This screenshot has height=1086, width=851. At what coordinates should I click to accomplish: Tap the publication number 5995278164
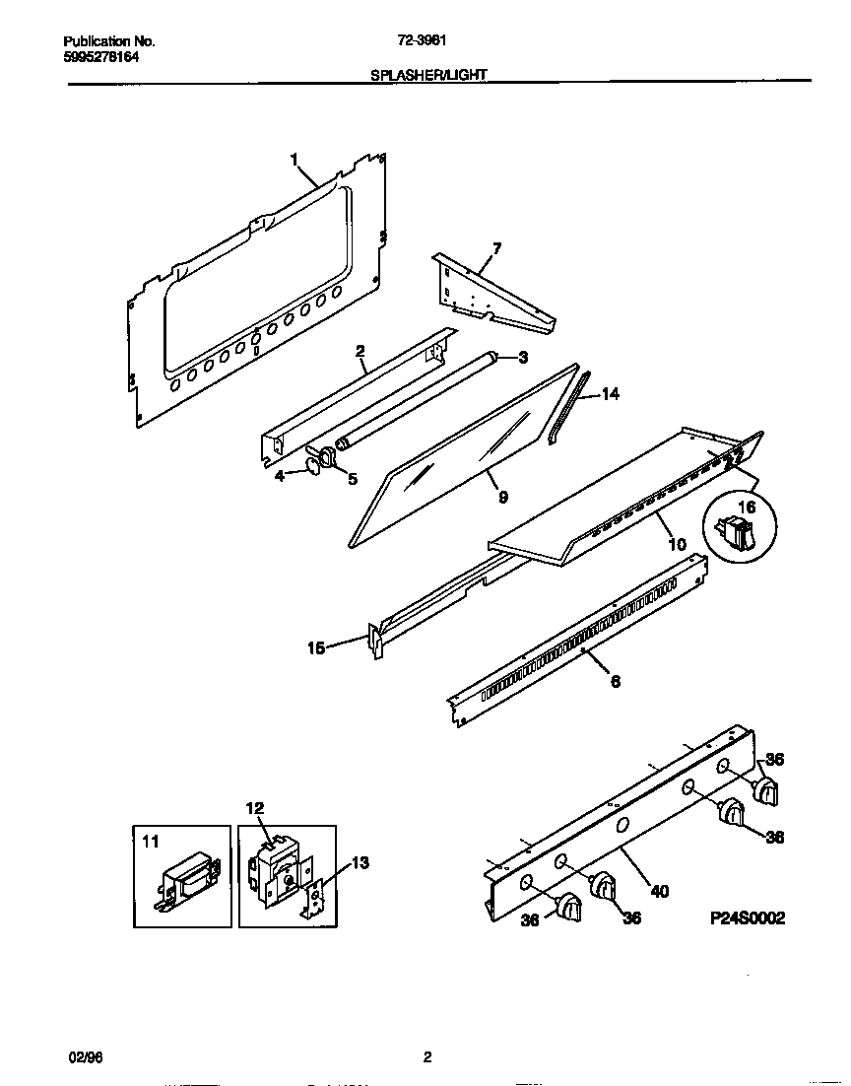pyautogui.click(x=101, y=58)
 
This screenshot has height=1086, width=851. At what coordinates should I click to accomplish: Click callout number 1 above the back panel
pyautogui.click(x=294, y=158)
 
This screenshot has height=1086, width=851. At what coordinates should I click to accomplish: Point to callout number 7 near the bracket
pyautogui.click(x=496, y=248)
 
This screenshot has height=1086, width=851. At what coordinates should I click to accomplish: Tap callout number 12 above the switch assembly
pyautogui.click(x=255, y=808)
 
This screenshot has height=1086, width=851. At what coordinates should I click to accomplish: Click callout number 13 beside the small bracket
pyautogui.click(x=360, y=863)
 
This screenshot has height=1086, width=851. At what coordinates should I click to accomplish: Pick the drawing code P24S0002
pyautogui.click(x=748, y=917)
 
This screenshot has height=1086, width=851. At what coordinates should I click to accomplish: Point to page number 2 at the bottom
pyautogui.click(x=427, y=1057)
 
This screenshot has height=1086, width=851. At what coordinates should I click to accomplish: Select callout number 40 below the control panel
pyautogui.click(x=660, y=891)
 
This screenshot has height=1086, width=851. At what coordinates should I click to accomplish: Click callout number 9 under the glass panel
pyautogui.click(x=502, y=498)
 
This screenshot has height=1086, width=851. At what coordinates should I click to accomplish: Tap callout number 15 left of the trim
pyautogui.click(x=317, y=647)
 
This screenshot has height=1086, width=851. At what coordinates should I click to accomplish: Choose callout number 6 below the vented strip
pyautogui.click(x=616, y=680)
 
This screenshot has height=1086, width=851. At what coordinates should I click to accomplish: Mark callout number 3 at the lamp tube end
pyautogui.click(x=523, y=357)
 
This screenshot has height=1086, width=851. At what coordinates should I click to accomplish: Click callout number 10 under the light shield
pyautogui.click(x=677, y=544)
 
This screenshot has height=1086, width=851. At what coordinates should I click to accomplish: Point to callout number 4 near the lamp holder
pyautogui.click(x=281, y=476)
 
